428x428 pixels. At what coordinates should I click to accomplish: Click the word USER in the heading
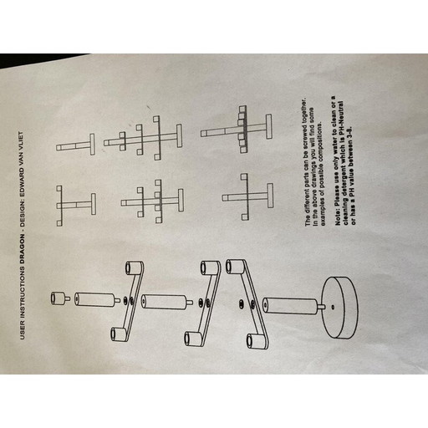point(23,331)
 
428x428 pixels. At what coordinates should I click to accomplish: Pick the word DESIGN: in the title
point(22,206)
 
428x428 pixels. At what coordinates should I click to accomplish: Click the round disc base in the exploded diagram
point(339,308)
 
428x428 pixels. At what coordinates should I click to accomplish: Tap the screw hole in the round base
point(333,308)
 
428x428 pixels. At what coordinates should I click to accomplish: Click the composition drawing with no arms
point(75,145)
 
